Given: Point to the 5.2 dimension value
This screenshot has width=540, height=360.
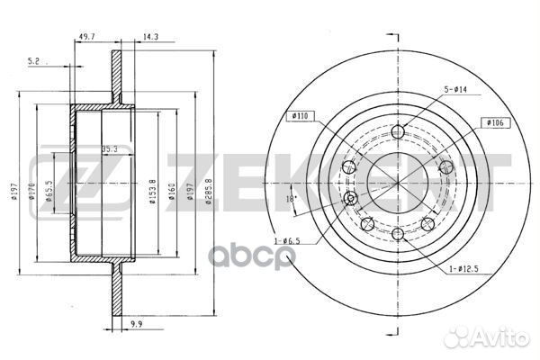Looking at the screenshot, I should (33, 61).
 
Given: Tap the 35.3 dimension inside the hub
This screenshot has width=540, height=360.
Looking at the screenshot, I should (110, 149).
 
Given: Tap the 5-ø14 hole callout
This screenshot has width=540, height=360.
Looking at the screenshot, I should (455, 89).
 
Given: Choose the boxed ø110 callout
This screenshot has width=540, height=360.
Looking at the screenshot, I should (300, 116).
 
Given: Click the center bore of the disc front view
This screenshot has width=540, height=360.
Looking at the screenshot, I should (396, 172).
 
